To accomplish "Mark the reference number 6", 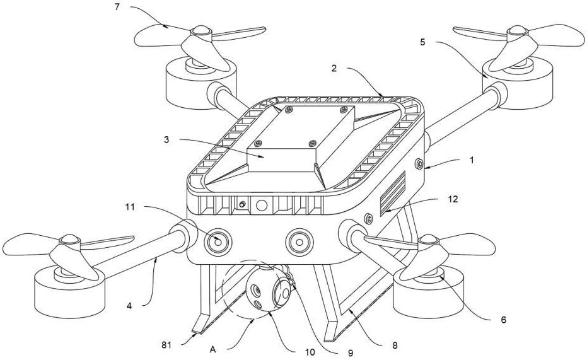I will (x=503, y=320).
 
